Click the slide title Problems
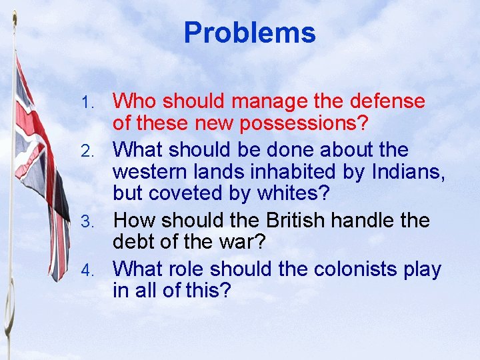pyautogui.click(x=249, y=33)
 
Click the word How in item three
pyautogui.click(x=133, y=220)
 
